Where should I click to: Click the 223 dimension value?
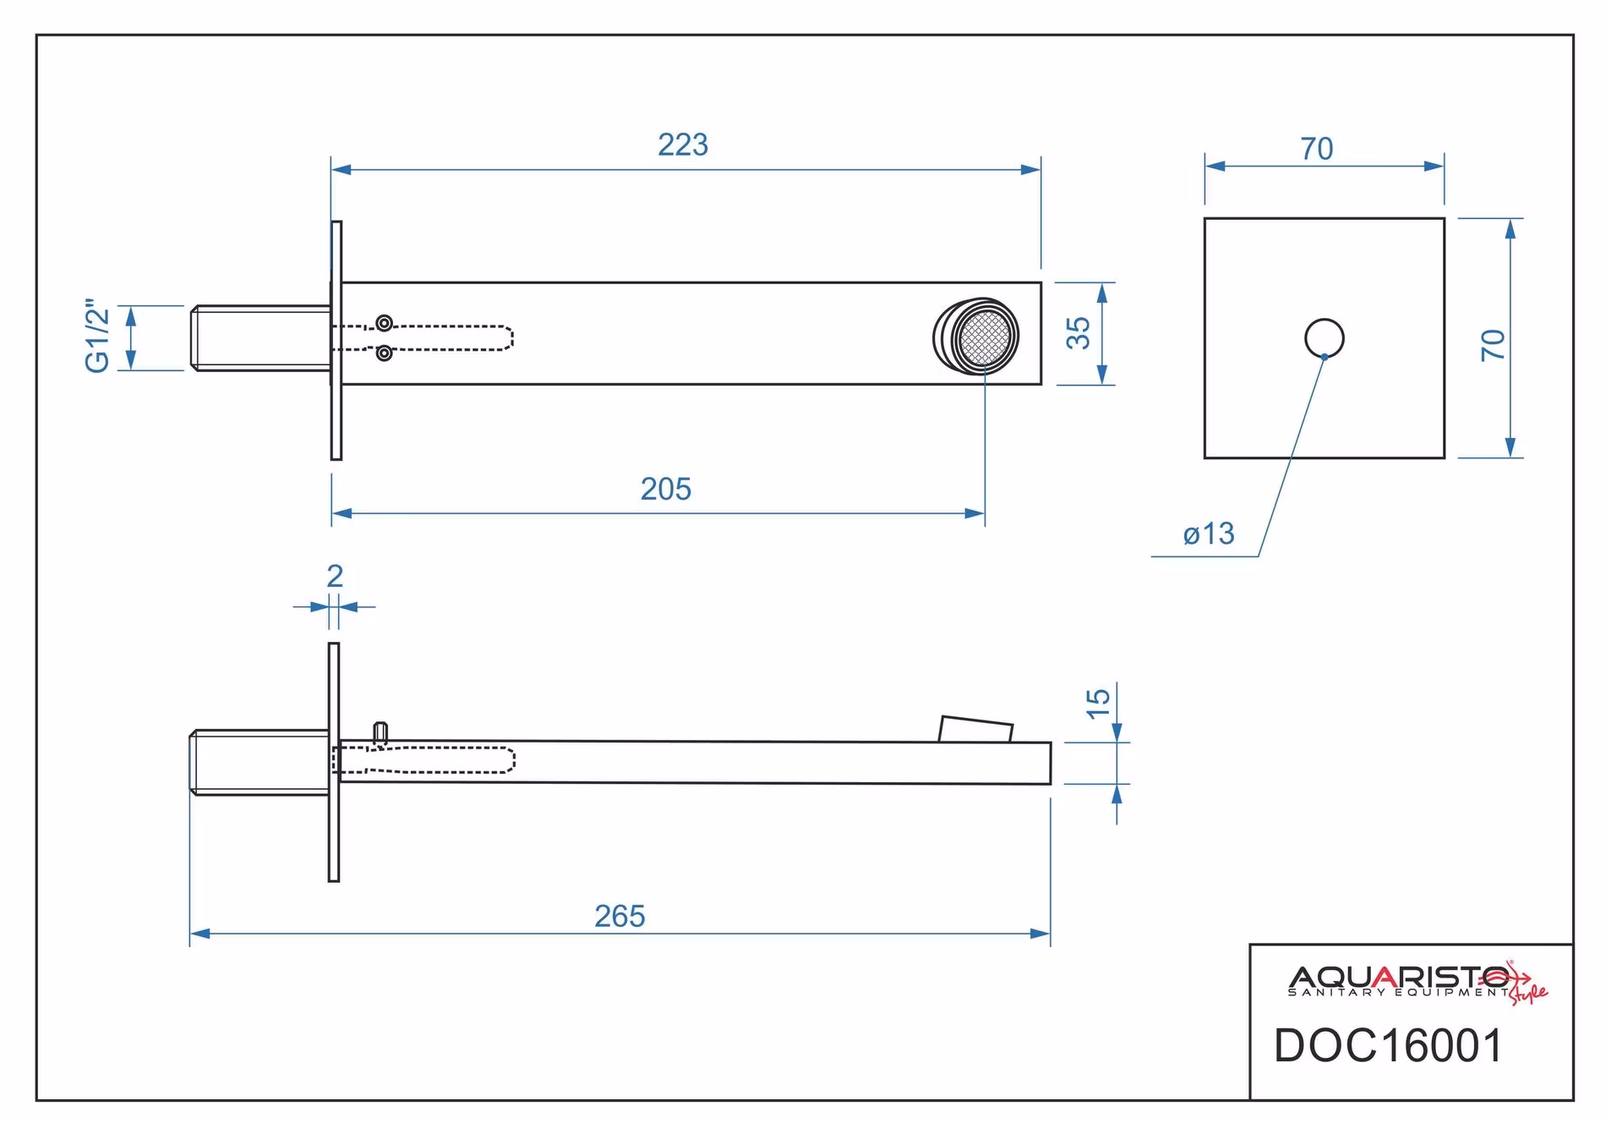683,145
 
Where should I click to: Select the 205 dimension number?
666,489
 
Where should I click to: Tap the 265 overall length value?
620,916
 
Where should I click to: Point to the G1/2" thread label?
98,336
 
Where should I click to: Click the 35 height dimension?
1078,333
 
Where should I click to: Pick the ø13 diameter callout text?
1209,534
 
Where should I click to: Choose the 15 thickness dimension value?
1097,703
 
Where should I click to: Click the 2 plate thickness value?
335,576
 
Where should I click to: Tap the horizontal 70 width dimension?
1317,149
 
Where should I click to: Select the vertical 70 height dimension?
1493,345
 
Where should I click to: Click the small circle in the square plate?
1325,338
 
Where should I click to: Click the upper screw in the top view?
385,322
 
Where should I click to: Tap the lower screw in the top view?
385,353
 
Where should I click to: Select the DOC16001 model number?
1389,1046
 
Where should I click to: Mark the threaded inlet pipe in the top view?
260,337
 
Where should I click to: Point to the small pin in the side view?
380,733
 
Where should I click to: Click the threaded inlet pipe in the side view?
259,762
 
